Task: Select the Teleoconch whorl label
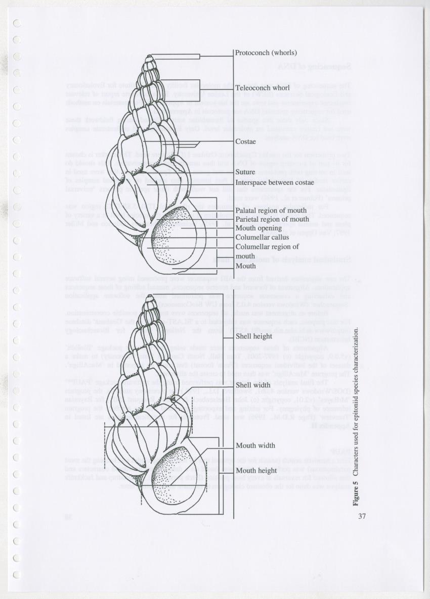tap(262, 88)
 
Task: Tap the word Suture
tap(246, 172)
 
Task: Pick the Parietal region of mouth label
tap(272, 219)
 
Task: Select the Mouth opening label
tap(258, 228)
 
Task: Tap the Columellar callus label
tap(262, 237)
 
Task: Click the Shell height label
tap(254, 336)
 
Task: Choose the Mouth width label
tap(255, 445)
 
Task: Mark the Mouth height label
tap(256, 471)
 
